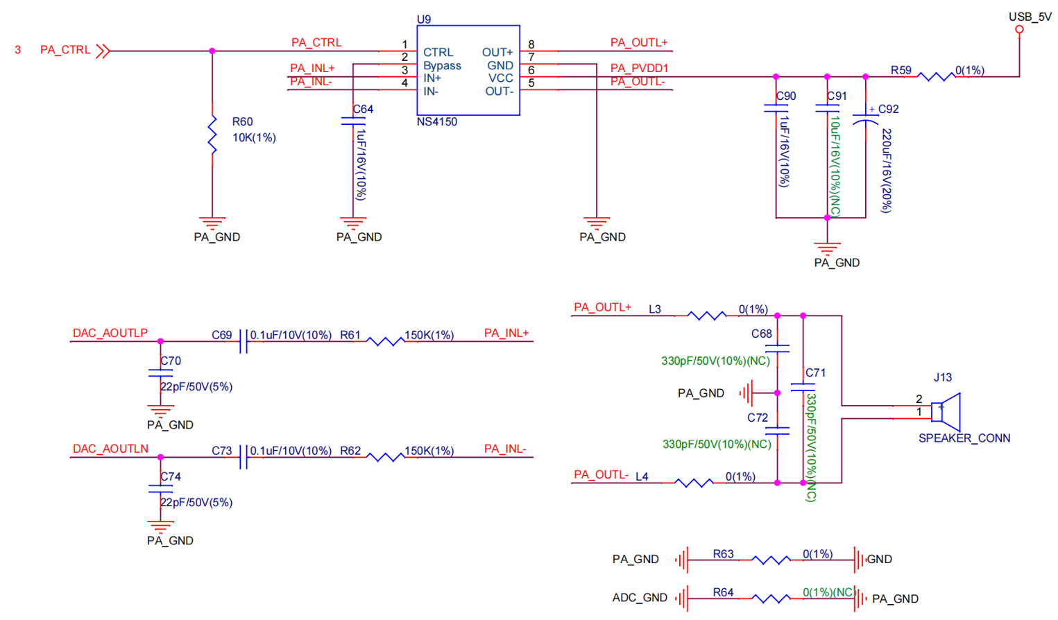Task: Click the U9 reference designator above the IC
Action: coord(424,19)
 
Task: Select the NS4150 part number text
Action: coord(437,122)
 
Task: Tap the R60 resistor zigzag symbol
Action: coord(212,135)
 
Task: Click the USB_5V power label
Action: coord(1030,17)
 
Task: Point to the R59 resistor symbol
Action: coord(936,76)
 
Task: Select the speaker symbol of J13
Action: coord(946,412)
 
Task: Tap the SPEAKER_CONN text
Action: coord(964,438)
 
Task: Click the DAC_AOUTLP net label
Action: coord(110,333)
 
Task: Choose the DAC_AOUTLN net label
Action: coord(110,449)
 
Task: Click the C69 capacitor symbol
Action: coord(244,341)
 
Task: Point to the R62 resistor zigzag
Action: coord(386,457)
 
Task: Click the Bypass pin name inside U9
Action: coord(442,66)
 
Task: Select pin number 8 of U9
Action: coord(531,44)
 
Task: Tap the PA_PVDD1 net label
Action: coord(639,69)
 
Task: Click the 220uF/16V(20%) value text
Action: coord(886,171)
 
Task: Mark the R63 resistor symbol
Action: coord(770,560)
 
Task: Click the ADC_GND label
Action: coord(640,598)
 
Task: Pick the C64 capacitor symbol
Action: coord(353,121)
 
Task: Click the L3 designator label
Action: coord(655,309)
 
